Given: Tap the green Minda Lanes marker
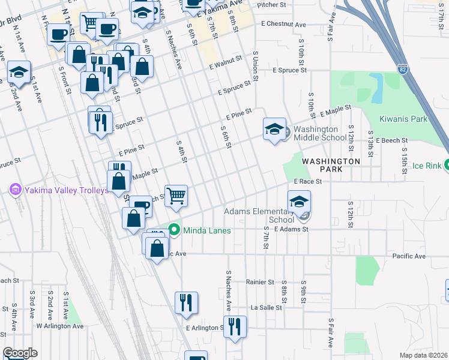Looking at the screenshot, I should tap(175, 230).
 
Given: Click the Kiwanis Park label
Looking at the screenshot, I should tap(403, 119).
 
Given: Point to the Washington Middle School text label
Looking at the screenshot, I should tap(320, 133).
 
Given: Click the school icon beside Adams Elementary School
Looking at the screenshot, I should tap(299, 202).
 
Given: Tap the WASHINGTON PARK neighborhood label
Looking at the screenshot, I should tap(331, 166).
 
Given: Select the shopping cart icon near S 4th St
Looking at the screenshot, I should tap(176, 195).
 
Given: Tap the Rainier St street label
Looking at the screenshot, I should tap(260, 281).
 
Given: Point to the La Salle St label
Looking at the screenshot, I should tap(263, 307).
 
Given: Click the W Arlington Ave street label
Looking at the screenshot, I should tap(59, 326).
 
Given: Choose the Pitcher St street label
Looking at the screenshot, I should tap(271, 5).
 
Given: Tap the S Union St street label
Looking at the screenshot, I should tap(255, 69).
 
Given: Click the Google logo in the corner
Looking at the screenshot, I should tap(20, 353).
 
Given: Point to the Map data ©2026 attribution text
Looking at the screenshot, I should tap(423, 355).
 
